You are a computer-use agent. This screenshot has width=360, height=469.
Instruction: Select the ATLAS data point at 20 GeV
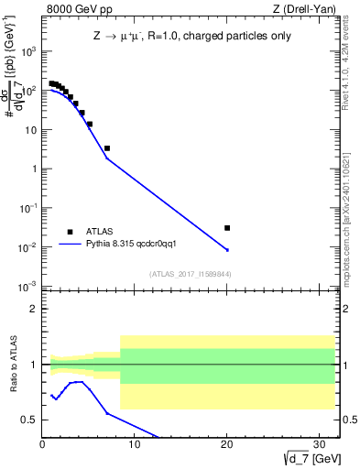[227, 228]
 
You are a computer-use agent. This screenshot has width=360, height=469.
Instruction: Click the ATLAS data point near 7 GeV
[107, 148]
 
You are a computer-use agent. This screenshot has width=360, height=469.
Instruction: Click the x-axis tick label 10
[135, 445]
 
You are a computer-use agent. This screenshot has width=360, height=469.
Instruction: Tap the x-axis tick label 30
[319, 445]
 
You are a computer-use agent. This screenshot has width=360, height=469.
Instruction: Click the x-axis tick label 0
[42, 445]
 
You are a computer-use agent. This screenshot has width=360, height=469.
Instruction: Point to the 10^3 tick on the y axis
[29, 51]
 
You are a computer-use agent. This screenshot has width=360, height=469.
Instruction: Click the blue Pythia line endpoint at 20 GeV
[227, 250]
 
